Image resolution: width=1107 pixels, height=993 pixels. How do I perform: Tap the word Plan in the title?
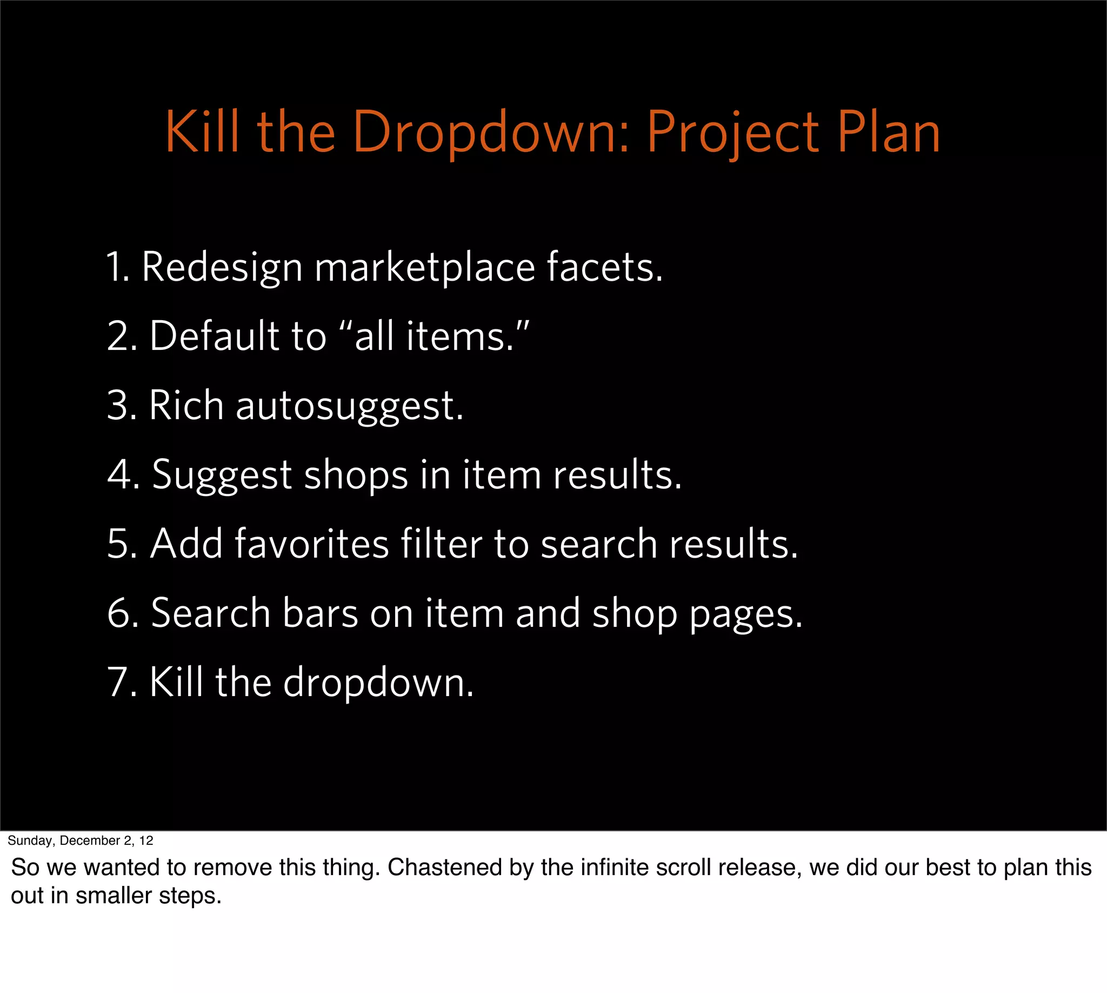pos(889,133)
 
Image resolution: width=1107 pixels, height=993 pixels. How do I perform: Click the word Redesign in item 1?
pos(222,267)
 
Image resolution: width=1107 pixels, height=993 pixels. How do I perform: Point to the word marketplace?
pos(425,267)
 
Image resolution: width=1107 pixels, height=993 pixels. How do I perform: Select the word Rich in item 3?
pos(186,406)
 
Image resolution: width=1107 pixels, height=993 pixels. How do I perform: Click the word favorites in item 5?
pos(311,544)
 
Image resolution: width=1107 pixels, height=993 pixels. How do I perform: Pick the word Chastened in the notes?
pos(445,868)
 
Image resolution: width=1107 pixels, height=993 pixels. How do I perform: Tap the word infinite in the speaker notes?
pos(613,868)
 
